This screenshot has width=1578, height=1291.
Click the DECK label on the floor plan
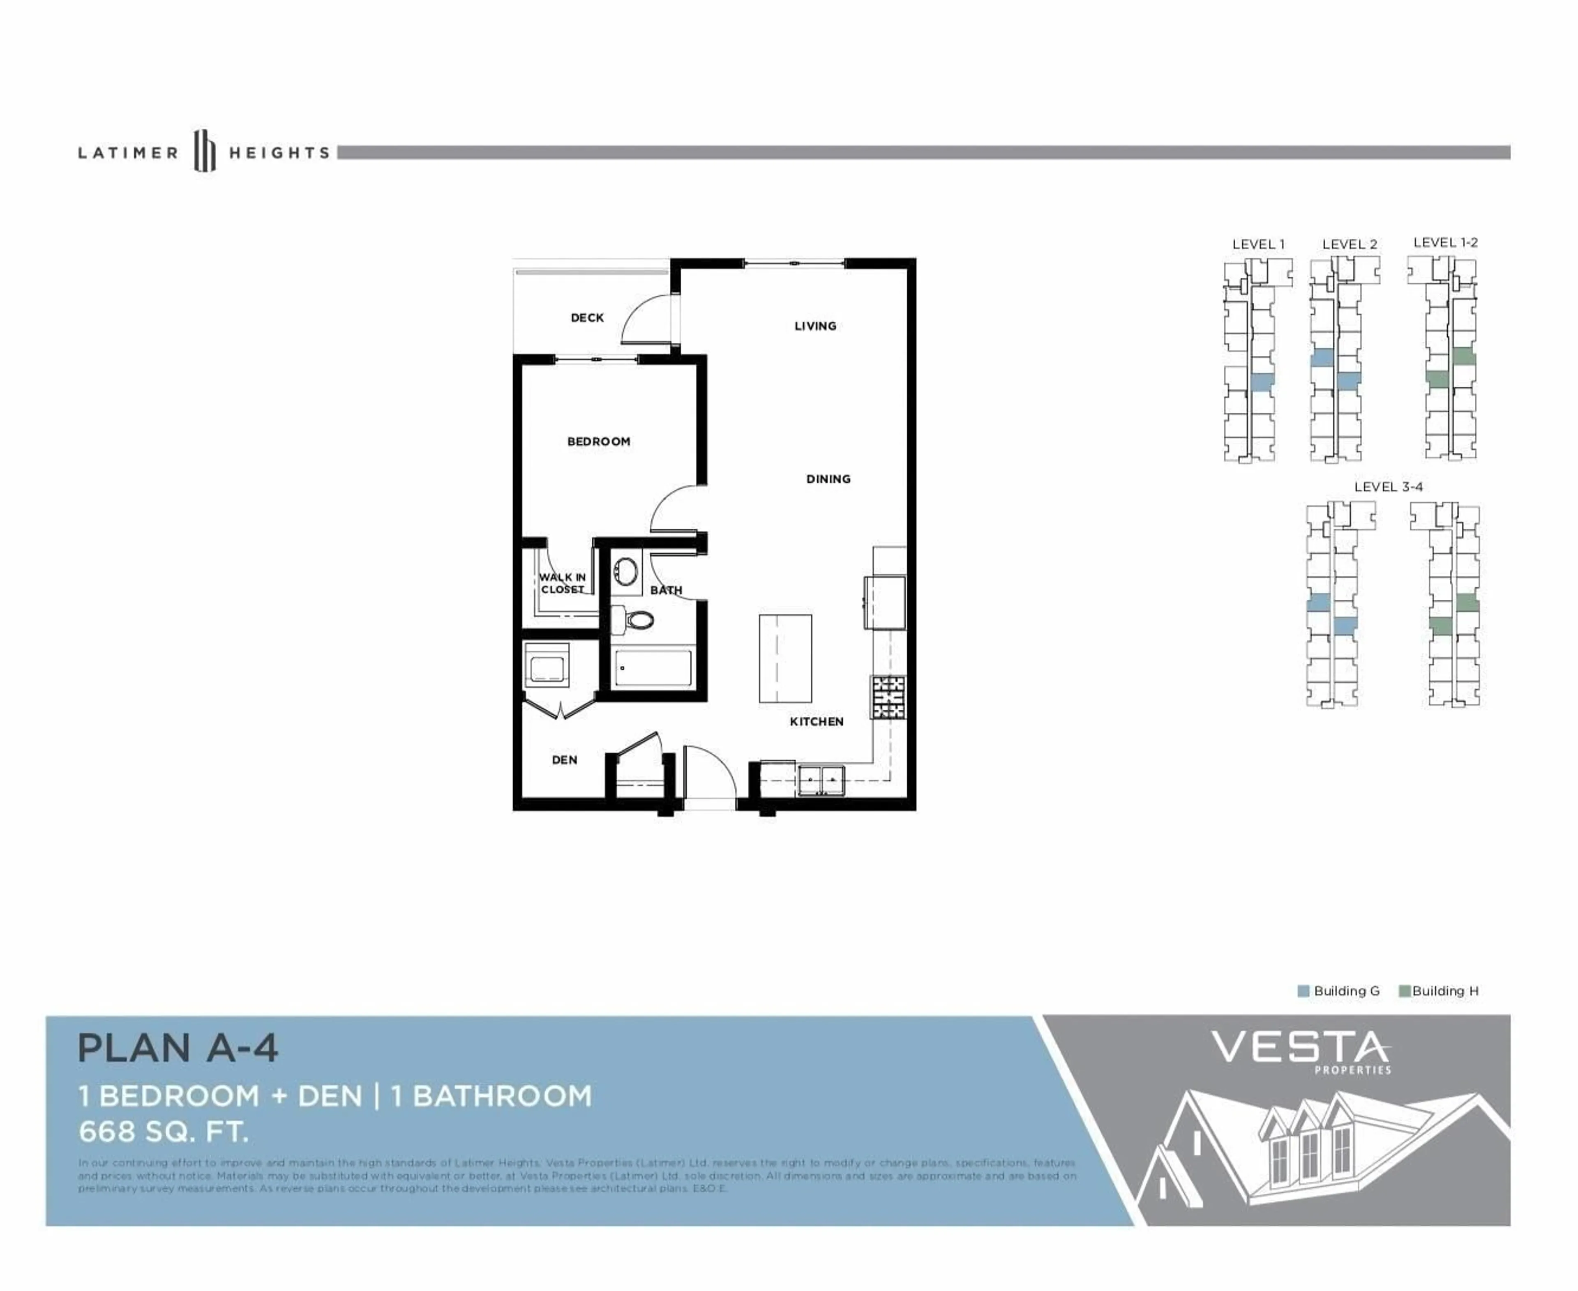click(x=587, y=318)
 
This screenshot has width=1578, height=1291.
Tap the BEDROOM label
click(x=598, y=442)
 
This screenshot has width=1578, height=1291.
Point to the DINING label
click(x=828, y=479)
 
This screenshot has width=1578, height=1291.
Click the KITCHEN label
click(x=816, y=721)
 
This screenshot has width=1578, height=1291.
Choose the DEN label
click(x=564, y=759)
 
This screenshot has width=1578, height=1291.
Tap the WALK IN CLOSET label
click(x=563, y=583)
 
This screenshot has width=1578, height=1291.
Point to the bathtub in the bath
click(x=653, y=668)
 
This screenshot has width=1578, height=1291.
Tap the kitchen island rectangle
click(x=785, y=658)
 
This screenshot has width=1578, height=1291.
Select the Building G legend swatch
click(x=1303, y=991)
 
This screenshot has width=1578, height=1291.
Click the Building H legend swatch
click(x=1404, y=991)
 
